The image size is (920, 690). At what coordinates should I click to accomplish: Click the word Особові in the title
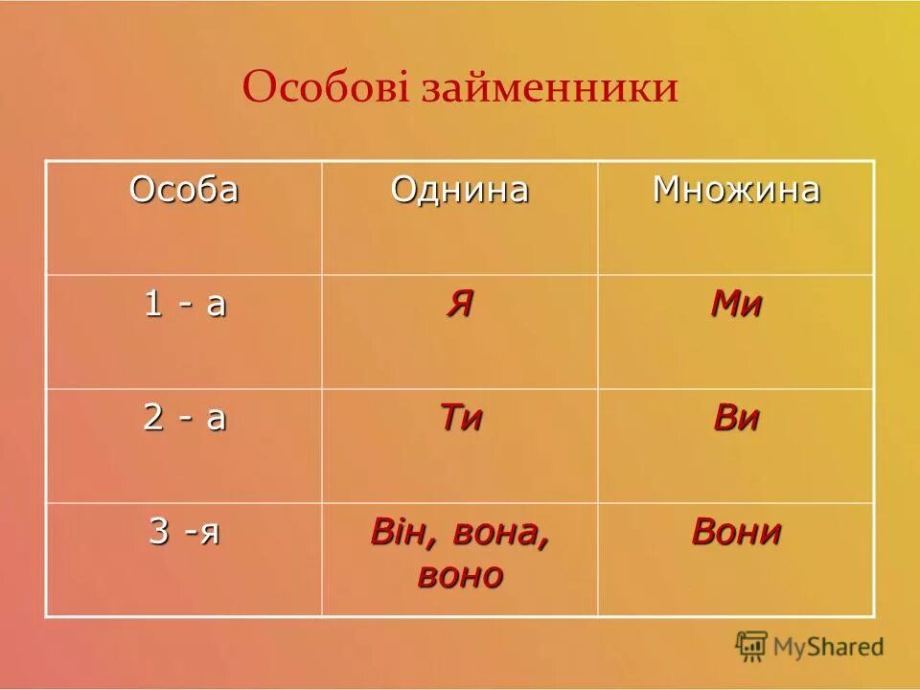326,89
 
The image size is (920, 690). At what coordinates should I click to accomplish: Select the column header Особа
184,190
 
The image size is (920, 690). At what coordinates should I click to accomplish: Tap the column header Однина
459,190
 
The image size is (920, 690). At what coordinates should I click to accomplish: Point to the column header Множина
736,190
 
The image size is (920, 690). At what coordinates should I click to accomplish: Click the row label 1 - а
185,304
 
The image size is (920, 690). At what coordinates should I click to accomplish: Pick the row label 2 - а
185,418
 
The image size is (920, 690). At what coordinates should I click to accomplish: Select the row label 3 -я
184,531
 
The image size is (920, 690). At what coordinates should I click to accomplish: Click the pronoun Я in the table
459,305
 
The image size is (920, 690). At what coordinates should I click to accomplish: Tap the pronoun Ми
736,305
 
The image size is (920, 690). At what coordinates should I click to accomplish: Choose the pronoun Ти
460,419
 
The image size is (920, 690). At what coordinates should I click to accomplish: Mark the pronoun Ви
736,419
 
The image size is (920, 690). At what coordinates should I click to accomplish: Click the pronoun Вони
736,532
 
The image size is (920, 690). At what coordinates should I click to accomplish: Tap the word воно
459,575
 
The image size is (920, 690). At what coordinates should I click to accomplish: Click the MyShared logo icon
752,646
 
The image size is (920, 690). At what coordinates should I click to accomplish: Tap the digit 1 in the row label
151,304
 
